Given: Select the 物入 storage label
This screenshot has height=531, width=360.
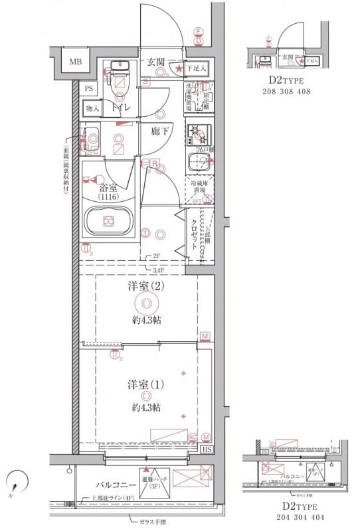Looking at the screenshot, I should (x=92, y=108).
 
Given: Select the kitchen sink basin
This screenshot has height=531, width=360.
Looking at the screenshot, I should (x=198, y=161).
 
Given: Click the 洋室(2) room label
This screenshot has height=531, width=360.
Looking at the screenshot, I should (x=145, y=287).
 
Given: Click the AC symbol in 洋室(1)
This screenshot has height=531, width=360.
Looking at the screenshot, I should (x=193, y=437).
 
